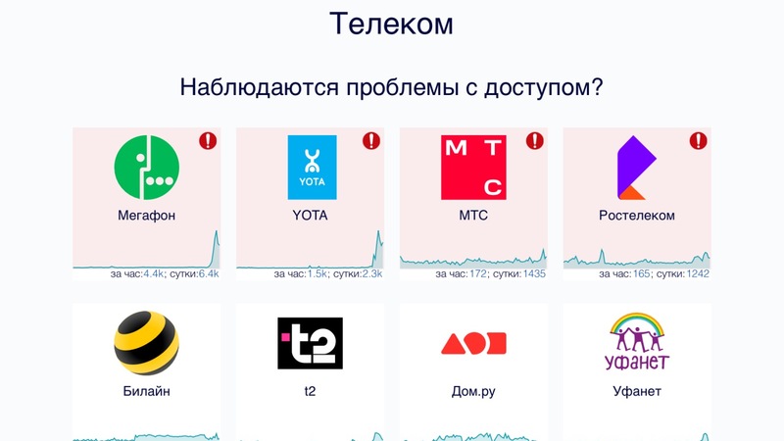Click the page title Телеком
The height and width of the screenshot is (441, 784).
pos(391,24)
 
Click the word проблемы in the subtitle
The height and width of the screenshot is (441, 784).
pos(403,88)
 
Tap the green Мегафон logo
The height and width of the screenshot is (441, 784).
pos(146,168)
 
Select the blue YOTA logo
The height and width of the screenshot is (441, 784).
pos(312,168)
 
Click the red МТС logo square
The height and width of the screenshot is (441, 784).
pos(473,168)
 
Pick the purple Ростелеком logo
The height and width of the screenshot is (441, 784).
pos(636,168)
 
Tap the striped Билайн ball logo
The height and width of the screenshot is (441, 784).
pos(146,343)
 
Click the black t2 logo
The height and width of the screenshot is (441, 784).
pos(310,343)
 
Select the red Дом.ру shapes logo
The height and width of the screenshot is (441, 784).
pos(473,344)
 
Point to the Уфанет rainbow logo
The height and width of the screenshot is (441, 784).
pos(637,341)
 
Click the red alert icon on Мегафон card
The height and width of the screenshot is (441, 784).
pos(208,141)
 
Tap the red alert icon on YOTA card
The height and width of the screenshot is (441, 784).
pos(371,141)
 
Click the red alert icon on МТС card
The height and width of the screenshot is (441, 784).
pos(535,141)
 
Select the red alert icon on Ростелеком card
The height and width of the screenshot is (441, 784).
pos(699,141)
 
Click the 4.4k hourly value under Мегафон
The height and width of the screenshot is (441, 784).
pos(154,274)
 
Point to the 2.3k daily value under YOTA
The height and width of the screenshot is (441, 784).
pos(372,274)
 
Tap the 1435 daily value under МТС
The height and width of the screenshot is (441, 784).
pos(533,274)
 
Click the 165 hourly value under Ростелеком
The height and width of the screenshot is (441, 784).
pos(642,274)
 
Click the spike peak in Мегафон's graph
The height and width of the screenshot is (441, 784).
pos(217,231)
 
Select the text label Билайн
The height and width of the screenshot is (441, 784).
pos(146,391)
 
